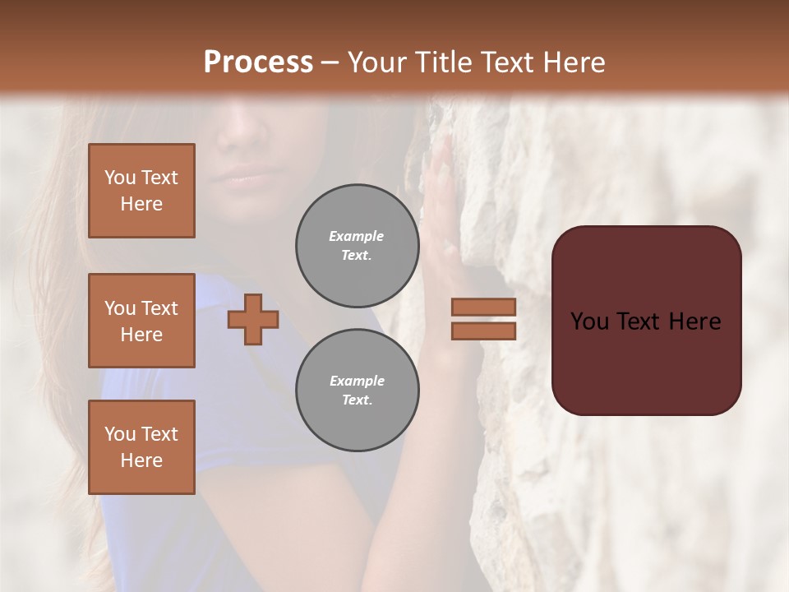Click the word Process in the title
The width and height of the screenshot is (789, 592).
[258, 62]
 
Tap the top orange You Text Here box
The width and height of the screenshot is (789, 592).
[141, 191]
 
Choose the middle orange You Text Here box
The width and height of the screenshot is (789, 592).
[141, 321]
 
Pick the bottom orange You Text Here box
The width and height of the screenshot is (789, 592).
[141, 447]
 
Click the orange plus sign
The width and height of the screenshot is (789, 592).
[253, 319]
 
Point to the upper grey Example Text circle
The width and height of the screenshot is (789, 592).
[357, 246]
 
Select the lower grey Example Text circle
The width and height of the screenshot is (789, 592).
[357, 391]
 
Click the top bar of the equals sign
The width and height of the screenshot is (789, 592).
[483, 308]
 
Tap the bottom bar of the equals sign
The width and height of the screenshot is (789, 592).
[483, 331]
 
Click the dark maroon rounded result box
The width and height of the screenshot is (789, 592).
[646, 321]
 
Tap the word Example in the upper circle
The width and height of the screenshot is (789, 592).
[357, 236]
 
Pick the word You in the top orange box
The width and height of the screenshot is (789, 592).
[120, 178]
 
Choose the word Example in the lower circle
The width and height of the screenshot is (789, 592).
[357, 381]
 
